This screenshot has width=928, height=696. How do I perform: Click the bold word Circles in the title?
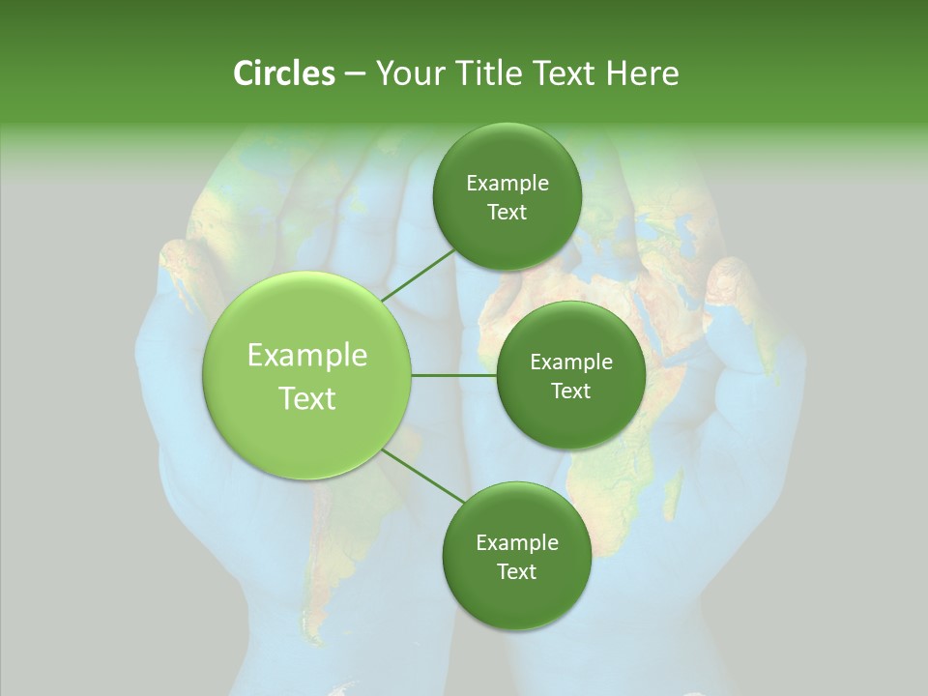[x=283, y=73]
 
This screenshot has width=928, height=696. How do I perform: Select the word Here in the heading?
[x=643, y=73]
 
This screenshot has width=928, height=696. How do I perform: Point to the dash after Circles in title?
[x=355, y=74]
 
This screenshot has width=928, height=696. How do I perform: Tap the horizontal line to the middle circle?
[x=453, y=375]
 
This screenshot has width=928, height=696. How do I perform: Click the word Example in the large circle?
[x=307, y=356]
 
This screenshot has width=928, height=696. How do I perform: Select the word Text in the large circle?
[x=307, y=397]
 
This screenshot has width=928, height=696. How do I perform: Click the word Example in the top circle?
[x=507, y=184]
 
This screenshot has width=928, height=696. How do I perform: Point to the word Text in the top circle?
[x=507, y=213]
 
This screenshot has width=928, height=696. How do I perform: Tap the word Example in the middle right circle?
[x=571, y=362]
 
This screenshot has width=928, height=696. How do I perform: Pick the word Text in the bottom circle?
[x=516, y=571]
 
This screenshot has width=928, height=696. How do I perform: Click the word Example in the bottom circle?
[x=517, y=542]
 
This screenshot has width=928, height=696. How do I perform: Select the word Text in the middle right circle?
[x=570, y=391]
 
